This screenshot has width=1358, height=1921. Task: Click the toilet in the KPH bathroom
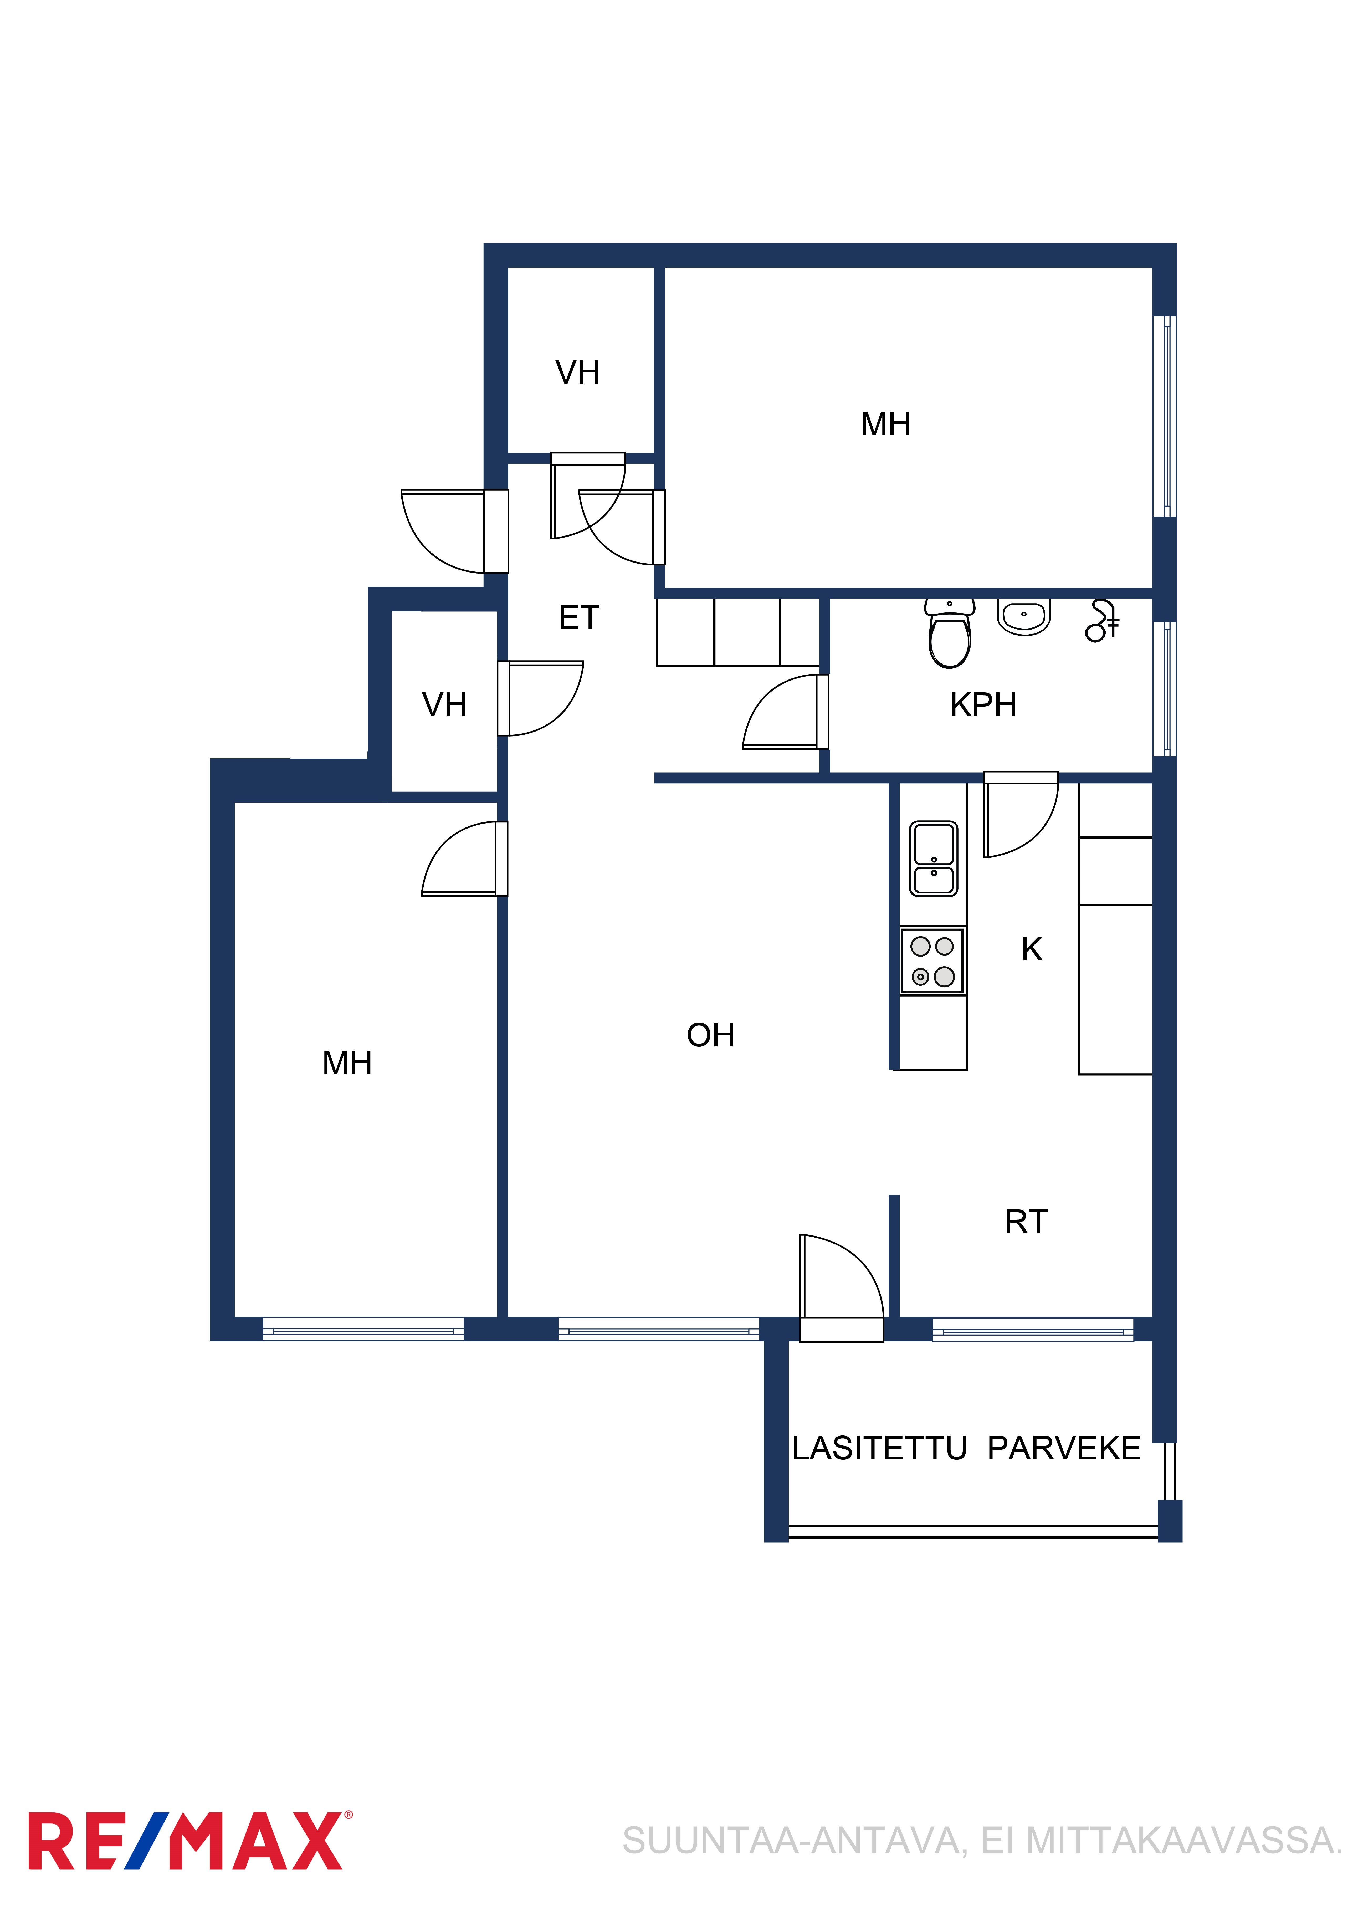coord(950,633)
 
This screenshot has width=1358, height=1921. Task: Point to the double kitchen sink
coord(934,859)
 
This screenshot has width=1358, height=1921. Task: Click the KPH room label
coord(983,705)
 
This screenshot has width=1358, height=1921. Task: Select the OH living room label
coord(710,1036)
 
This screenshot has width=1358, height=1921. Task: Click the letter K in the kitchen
coord(1032,950)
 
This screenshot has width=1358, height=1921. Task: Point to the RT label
coord(1026,1222)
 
